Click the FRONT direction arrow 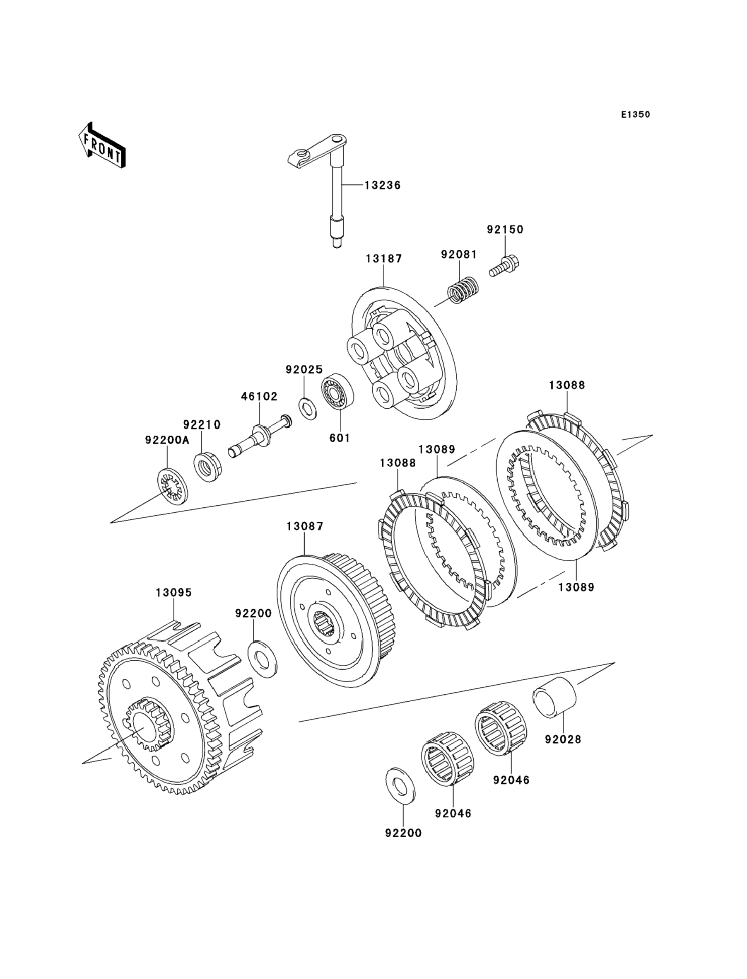(x=102, y=145)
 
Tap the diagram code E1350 (x=635, y=115)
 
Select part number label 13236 (x=382, y=185)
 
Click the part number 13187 (x=384, y=259)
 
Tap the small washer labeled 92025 (x=307, y=409)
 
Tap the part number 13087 (x=305, y=526)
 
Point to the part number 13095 (x=173, y=593)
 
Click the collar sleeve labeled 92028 (x=554, y=703)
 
